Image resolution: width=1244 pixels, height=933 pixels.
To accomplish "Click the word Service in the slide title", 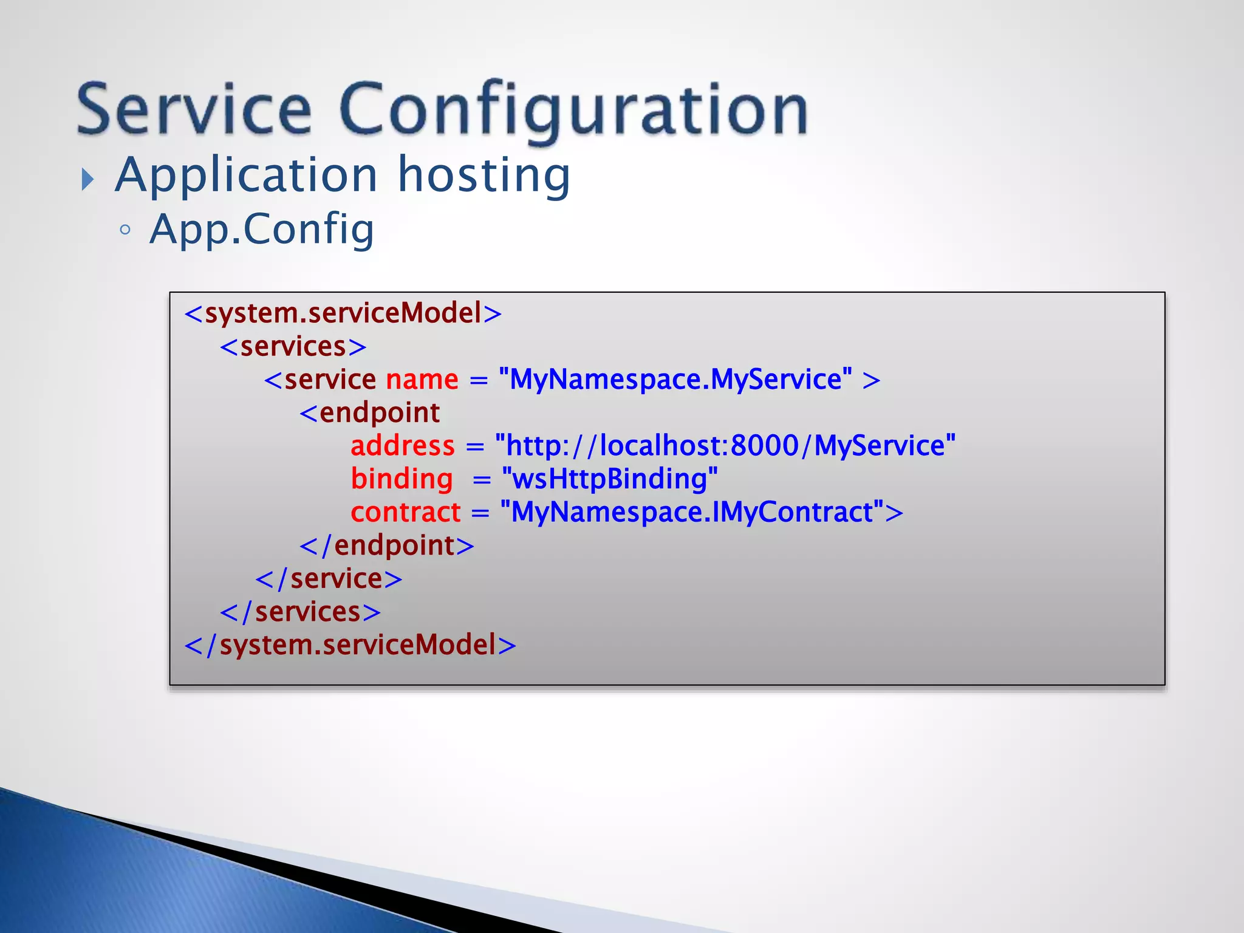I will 194,109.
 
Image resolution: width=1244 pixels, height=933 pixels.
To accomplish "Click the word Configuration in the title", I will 573,109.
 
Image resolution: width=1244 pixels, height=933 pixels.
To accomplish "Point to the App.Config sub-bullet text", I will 262,230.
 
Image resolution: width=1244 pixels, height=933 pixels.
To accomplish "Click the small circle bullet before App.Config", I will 125,230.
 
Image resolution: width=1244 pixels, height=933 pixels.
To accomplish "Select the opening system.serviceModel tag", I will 343,313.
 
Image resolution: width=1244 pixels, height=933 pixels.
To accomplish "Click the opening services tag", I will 293,347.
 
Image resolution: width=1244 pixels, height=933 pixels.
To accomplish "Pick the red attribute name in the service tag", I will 422,380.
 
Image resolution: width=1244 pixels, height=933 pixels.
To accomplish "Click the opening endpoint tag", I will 370,413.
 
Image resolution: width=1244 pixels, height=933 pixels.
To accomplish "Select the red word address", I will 402,446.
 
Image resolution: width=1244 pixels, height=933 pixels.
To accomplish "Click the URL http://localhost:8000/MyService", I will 725,446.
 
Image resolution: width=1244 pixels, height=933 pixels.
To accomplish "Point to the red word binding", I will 402,479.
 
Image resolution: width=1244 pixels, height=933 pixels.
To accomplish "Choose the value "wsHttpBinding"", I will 610,479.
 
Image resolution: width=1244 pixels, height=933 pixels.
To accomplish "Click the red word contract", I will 406,513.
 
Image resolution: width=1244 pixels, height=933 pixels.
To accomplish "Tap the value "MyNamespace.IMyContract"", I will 692,513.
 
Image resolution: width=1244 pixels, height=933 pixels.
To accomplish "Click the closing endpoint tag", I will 387,545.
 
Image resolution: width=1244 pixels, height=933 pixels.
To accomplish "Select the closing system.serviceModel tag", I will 350,645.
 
